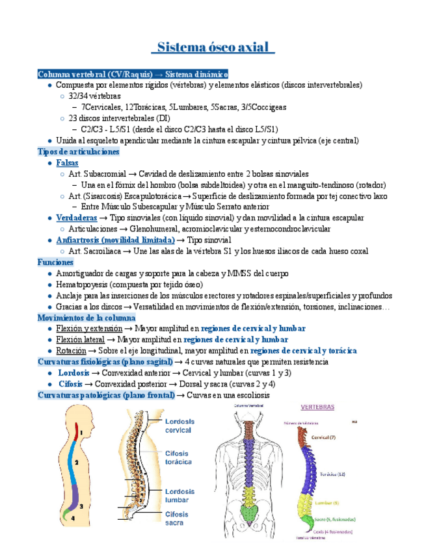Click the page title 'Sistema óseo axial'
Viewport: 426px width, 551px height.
click(213, 49)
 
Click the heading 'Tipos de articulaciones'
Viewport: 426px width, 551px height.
click(79, 151)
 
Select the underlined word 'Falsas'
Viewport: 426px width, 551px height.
click(67, 162)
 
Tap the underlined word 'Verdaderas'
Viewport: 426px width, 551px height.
click(77, 218)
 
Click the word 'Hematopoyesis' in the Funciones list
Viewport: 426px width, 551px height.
click(81, 285)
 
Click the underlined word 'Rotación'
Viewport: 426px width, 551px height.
click(70, 350)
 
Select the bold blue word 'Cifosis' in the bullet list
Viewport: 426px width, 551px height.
click(70, 383)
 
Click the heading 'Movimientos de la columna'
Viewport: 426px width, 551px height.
click(87, 318)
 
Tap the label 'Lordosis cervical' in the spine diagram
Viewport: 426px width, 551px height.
click(180, 426)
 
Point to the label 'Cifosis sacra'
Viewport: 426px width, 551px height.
click(177, 519)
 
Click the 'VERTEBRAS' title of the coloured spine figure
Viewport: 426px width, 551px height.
click(317, 407)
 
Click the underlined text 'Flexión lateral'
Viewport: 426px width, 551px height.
click(79, 339)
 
